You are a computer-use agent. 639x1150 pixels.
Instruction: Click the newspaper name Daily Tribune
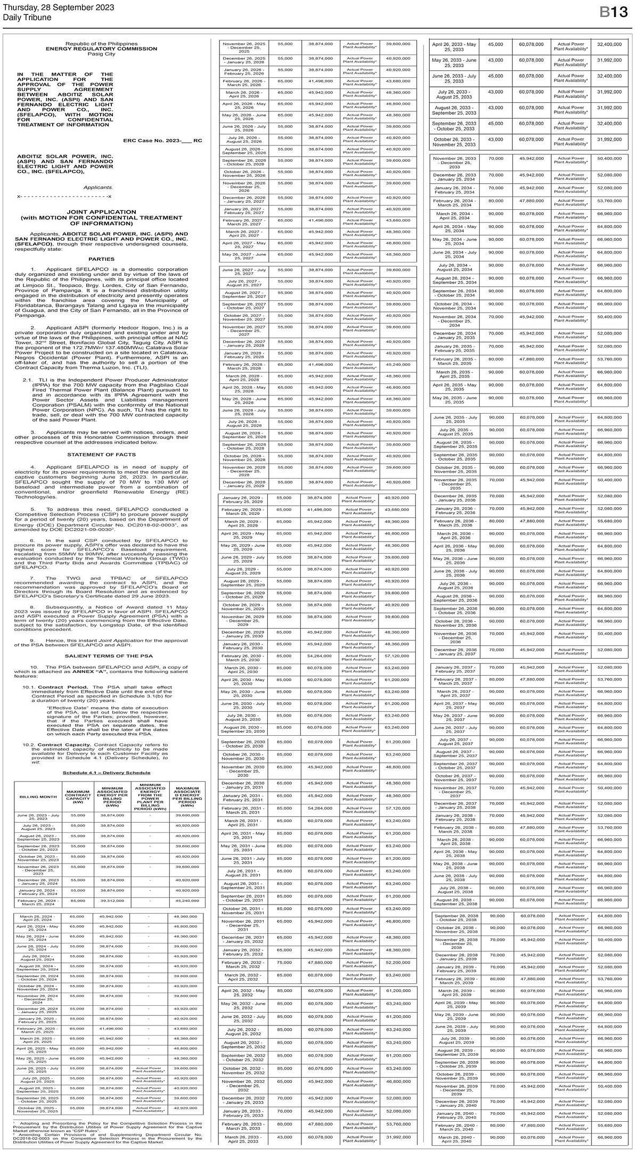(x=27, y=18)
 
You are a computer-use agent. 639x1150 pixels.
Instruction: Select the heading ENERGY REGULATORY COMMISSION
(x=101, y=49)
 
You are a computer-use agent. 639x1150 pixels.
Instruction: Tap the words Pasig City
(x=101, y=54)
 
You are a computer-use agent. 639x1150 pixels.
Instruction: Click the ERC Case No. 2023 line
(x=162, y=141)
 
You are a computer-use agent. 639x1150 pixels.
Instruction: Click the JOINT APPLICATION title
(x=101, y=212)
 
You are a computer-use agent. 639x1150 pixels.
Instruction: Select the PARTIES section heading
(x=101, y=259)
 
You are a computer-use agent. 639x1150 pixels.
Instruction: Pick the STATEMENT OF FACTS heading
(x=101, y=455)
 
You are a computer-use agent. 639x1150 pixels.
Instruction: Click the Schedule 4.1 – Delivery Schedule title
(x=106, y=773)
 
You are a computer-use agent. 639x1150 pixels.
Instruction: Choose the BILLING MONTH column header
(x=38, y=796)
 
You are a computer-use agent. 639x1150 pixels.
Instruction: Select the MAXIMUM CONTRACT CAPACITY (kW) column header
(x=78, y=796)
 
